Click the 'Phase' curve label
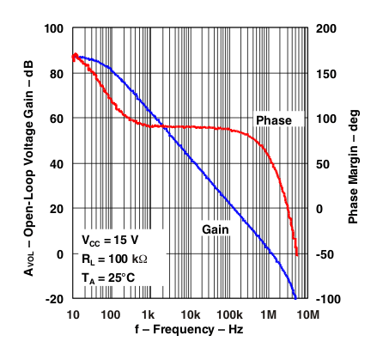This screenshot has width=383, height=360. coord(273,119)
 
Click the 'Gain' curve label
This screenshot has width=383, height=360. coord(215,229)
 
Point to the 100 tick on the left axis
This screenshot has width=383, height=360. coord(54,28)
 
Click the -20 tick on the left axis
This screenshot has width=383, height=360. coord(54,299)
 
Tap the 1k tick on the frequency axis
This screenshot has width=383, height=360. coord(148,314)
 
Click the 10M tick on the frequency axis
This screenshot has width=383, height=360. coord(307,314)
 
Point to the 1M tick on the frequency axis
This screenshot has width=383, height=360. coord(269,314)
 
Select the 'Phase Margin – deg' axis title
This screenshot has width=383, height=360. coord(356,163)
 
